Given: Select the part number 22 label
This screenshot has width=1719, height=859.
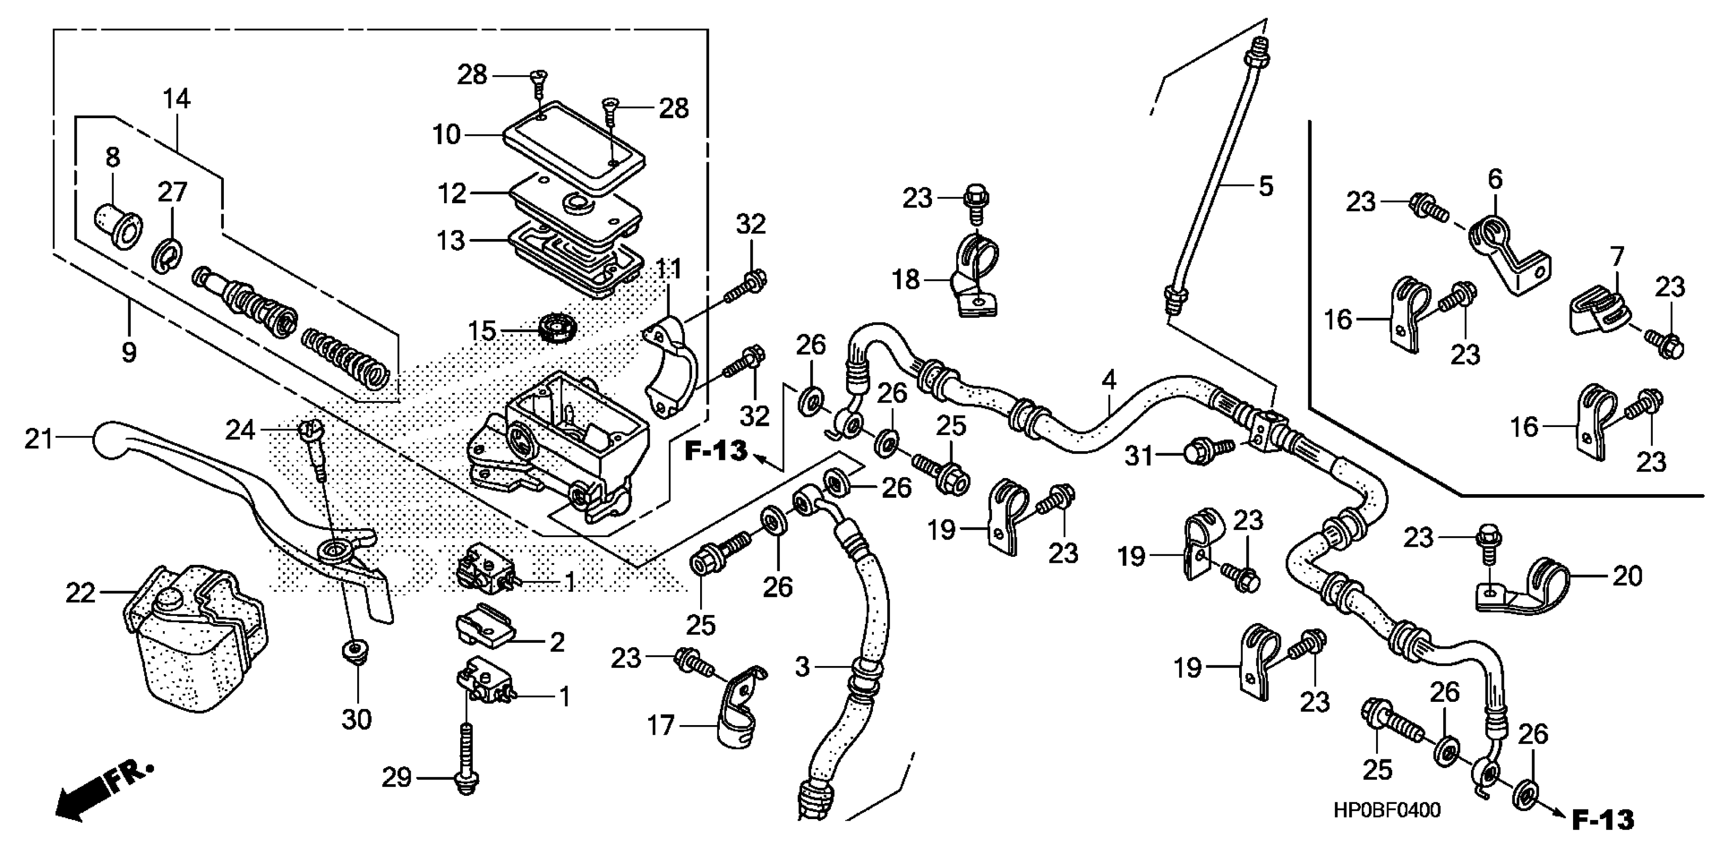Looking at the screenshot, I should tap(80, 593).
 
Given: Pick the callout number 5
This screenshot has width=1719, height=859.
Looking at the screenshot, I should tap(1266, 186).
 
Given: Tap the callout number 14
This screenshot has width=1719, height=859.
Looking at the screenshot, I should tap(177, 99).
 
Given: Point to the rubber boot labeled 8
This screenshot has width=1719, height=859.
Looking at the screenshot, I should tap(119, 227).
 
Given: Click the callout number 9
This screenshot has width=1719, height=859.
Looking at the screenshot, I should tap(129, 351).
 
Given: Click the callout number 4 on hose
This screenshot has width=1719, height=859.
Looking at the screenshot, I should tap(1109, 380).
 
